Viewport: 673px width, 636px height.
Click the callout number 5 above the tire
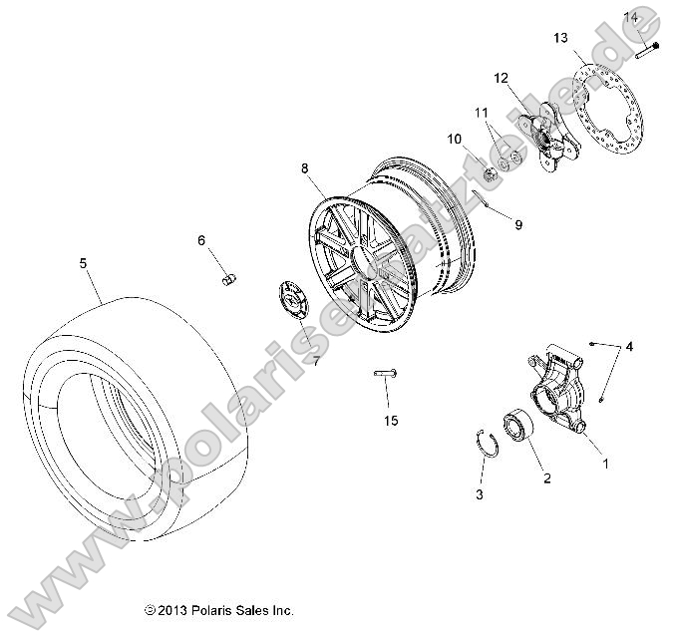83,263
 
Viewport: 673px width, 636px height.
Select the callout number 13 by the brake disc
560,38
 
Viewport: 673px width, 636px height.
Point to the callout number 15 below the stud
391,421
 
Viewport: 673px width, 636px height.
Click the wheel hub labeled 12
551,137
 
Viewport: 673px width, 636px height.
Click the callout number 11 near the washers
481,113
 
